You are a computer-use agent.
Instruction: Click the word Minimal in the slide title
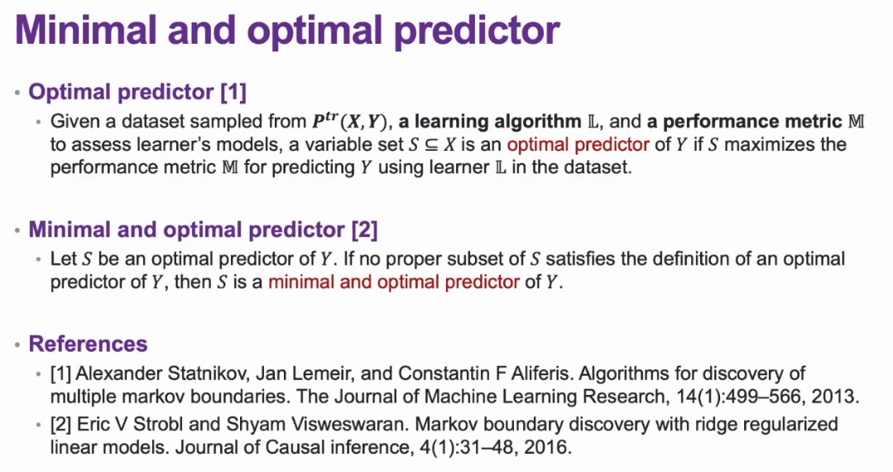click(85, 30)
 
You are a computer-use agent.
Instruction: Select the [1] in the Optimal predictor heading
click(233, 93)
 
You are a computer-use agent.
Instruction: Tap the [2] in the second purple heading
click(364, 229)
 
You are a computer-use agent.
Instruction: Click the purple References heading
click(89, 344)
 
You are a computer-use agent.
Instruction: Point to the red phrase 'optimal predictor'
click(578, 144)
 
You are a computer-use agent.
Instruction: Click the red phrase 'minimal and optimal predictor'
click(394, 282)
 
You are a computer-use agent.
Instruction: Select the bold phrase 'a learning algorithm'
click(490, 122)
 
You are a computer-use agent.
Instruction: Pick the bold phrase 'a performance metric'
click(744, 122)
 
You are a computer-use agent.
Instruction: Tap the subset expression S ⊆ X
click(433, 144)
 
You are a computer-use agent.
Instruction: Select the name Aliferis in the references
click(545, 373)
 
